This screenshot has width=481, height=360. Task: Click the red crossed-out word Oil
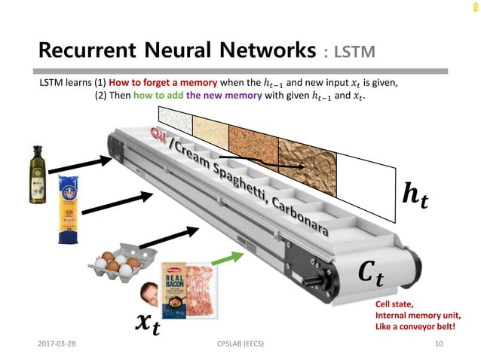point(158,134)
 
